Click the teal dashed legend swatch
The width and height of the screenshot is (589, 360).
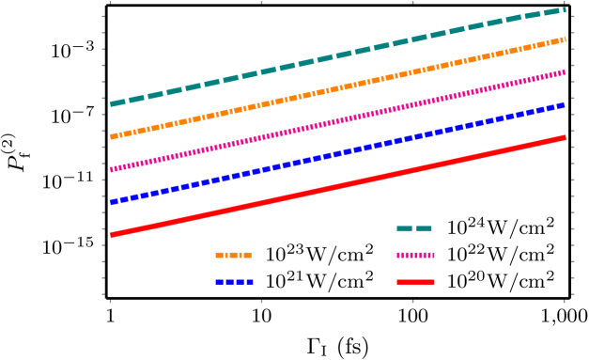pyautogui.click(x=414, y=228)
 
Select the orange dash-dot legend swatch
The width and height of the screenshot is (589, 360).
pyautogui.click(x=233, y=255)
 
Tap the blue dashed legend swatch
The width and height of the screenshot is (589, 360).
pyautogui.click(x=233, y=282)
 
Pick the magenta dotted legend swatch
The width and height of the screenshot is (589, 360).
pyautogui.click(x=415, y=255)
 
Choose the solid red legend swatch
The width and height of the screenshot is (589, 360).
pyautogui.click(x=415, y=282)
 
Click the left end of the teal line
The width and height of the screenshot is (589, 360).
pyautogui.click(x=111, y=104)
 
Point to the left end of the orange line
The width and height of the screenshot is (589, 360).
pyautogui.click(x=111, y=137)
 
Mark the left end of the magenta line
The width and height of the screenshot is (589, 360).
pyautogui.click(x=111, y=170)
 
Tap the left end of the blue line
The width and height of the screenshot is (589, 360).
pyautogui.click(x=111, y=202)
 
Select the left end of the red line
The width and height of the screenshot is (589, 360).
pyautogui.click(x=111, y=235)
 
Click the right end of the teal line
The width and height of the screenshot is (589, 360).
pyautogui.click(x=565, y=9)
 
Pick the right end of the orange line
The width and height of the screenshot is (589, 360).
pyautogui.click(x=565, y=39)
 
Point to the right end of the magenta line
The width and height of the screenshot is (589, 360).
pyautogui.click(x=565, y=71)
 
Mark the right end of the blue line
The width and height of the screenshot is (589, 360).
pyautogui.click(x=565, y=104)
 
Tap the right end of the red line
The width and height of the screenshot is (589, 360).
pyautogui.click(x=565, y=137)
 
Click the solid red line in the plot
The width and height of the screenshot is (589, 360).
pyautogui.click(x=338, y=186)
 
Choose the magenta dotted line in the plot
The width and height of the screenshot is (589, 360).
pyautogui.click(x=338, y=120)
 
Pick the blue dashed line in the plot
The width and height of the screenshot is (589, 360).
pyautogui.click(x=338, y=153)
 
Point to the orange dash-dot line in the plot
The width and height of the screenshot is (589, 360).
pyautogui.click(x=338, y=88)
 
